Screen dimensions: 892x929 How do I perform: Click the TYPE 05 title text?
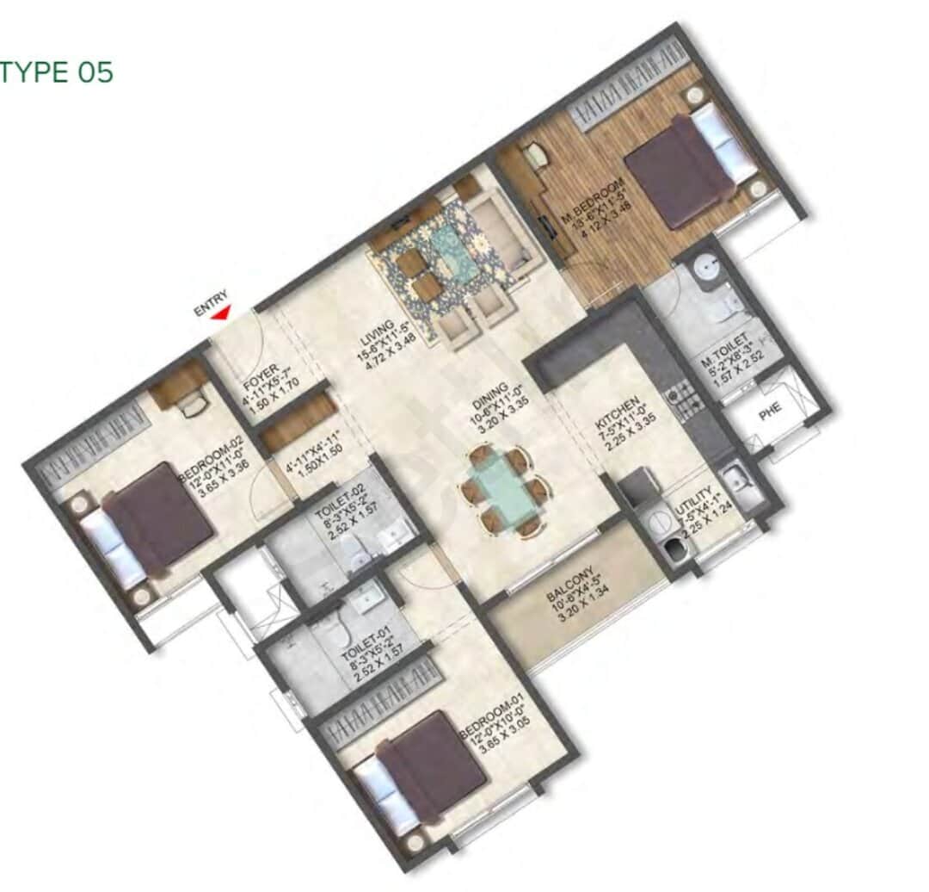(x=57, y=72)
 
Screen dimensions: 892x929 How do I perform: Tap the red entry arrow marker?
(x=222, y=314)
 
